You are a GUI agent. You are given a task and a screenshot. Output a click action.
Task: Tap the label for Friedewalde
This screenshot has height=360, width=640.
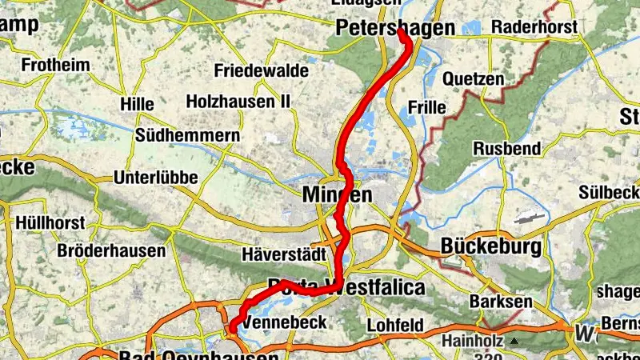261,71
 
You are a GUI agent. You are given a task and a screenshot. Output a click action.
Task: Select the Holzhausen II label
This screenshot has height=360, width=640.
238,102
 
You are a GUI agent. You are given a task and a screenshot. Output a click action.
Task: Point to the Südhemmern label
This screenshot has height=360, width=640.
188,135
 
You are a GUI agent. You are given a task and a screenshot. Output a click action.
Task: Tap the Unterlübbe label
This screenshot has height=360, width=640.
156,177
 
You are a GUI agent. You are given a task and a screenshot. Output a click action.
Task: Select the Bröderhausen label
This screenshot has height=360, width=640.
111,250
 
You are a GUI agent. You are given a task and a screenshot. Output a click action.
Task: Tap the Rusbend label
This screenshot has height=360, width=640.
508,149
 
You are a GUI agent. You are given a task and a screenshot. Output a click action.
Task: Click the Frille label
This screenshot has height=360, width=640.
426,106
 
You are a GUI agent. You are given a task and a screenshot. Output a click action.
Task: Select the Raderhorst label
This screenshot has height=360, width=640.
534,27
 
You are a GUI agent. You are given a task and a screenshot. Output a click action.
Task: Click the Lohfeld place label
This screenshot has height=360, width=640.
395,326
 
